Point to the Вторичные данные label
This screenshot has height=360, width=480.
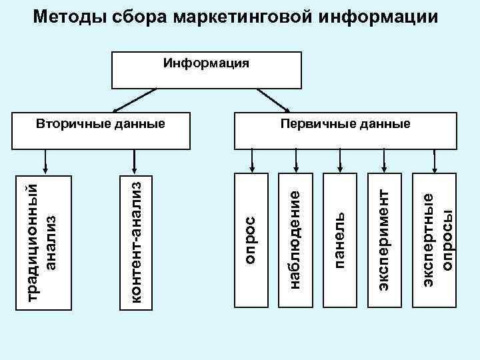(x=100, y=124)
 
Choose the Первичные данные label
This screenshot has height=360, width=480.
(x=345, y=124)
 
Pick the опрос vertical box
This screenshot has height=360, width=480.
(x=252, y=240)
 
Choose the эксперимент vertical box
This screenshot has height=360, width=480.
(x=385, y=240)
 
